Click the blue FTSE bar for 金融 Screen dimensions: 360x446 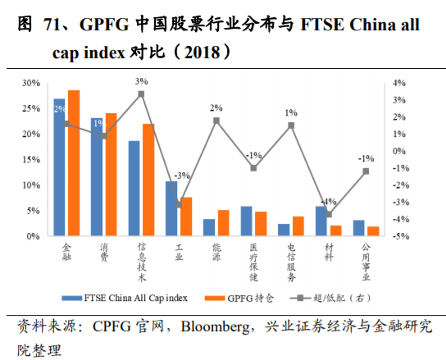[59, 168]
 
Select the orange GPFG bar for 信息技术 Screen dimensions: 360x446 [148, 180]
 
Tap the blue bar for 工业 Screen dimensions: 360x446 [171, 209]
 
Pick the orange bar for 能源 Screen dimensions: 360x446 [223, 223]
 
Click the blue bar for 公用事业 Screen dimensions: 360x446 [359, 228]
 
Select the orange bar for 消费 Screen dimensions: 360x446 [111, 175]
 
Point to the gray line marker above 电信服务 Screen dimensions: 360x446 [291, 125]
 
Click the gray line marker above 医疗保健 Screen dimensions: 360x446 [254, 168]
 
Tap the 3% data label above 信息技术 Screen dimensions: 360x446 [141, 81]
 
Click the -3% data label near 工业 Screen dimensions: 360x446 [182, 175]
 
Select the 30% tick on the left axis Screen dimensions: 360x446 [30, 83]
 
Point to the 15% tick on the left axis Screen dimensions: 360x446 [30, 160]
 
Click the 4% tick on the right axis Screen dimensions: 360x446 [400, 83]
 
